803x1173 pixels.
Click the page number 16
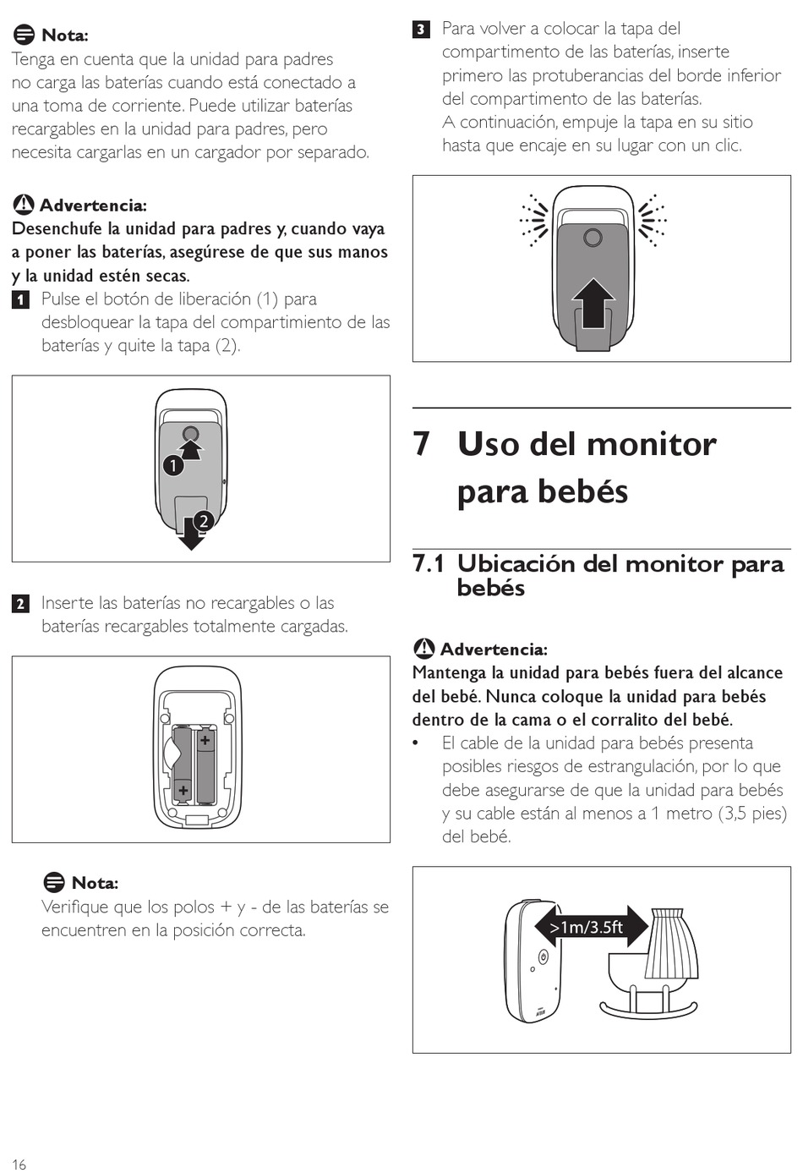pos(19,1164)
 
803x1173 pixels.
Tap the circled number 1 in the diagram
pos(173,465)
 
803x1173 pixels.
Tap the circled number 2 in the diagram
pos(204,521)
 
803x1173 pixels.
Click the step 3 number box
pos(421,30)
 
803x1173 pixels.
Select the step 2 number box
pos(20,604)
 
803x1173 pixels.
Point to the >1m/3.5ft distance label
pos(587,928)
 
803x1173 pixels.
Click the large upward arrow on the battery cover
pos(593,303)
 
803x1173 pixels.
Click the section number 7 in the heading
pos(422,444)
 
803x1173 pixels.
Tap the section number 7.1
pos(429,563)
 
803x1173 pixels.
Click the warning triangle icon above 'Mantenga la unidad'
pos(423,649)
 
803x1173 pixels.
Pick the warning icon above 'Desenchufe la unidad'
pos(23,204)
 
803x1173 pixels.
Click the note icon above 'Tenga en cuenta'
pos(23,35)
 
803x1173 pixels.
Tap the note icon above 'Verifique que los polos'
pos(53,882)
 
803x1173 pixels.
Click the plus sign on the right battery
pos(205,740)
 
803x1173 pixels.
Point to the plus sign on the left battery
pos(183,790)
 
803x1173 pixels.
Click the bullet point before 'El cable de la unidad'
pos(416,743)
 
